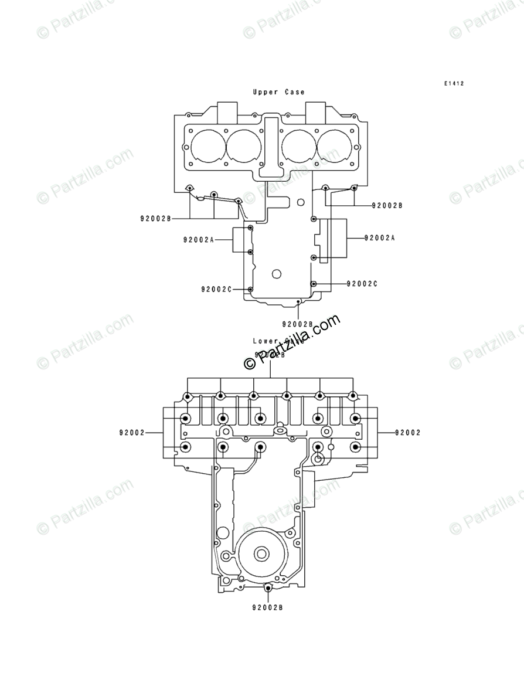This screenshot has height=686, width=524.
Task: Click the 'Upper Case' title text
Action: pos(278,92)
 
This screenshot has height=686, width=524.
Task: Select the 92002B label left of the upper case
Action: pos(155,219)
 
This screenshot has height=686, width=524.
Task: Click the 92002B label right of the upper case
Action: pos(387,206)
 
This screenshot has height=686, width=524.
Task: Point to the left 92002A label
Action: pos(199,240)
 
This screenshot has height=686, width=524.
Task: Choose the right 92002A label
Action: pos(380,238)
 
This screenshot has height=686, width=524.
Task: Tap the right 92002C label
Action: pos(362,284)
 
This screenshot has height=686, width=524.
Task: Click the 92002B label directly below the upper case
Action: pos(298,324)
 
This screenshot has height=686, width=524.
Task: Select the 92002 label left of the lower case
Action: pos(131,433)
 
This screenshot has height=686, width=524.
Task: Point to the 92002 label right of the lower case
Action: pos(407,433)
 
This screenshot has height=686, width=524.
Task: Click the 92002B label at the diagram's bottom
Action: pos(268,608)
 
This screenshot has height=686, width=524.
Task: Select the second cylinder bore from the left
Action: pos(244,145)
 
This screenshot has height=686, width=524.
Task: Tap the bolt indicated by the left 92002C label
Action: pos(251,290)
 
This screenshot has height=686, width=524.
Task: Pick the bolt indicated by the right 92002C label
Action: pos(314,284)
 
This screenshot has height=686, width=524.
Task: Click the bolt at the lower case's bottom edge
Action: pos(268,587)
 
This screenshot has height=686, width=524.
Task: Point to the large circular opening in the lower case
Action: pos(262,553)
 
